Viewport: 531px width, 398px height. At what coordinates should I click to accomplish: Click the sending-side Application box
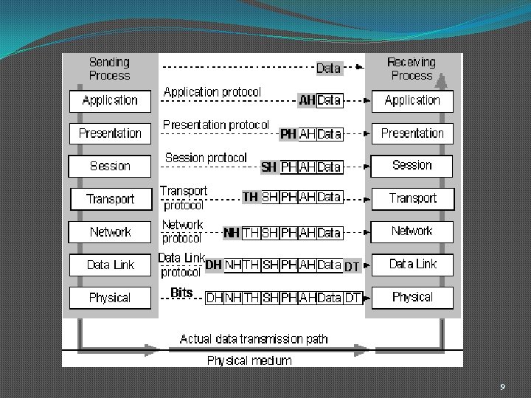click(110, 100)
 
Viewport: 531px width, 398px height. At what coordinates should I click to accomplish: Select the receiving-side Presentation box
click(412, 133)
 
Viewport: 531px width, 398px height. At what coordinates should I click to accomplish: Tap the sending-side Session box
click(110, 166)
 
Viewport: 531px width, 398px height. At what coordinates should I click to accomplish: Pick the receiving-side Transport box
click(412, 198)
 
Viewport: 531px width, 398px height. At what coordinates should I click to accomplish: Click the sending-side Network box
click(110, 232)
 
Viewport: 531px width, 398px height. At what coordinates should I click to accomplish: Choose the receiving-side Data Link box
click(412, 264)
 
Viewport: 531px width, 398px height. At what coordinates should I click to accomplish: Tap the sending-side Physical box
click(110, 298)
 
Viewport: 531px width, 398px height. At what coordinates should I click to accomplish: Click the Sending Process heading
click(109, 69)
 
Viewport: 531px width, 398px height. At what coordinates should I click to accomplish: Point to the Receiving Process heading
click(412, 69)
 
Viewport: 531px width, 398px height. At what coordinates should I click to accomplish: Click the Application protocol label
click(212, 92)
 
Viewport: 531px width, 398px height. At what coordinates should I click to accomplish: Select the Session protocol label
click(206, 158)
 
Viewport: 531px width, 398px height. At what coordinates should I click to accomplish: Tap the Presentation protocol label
click(216, 125)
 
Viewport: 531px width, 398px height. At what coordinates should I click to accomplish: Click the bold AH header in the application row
click(307, 100)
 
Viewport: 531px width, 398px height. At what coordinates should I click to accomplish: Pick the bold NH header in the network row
click(232, 233)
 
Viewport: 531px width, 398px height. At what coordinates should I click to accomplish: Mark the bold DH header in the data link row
click(214, 265)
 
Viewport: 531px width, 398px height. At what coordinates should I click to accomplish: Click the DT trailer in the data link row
click(352, 267)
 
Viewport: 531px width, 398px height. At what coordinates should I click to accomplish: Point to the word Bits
click(181, 293)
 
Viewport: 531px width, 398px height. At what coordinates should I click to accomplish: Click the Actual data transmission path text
click(254, 339)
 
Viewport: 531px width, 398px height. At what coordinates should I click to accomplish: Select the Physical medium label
click(249, 360)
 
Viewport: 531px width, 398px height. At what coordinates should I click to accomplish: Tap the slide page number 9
click(502, 387)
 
